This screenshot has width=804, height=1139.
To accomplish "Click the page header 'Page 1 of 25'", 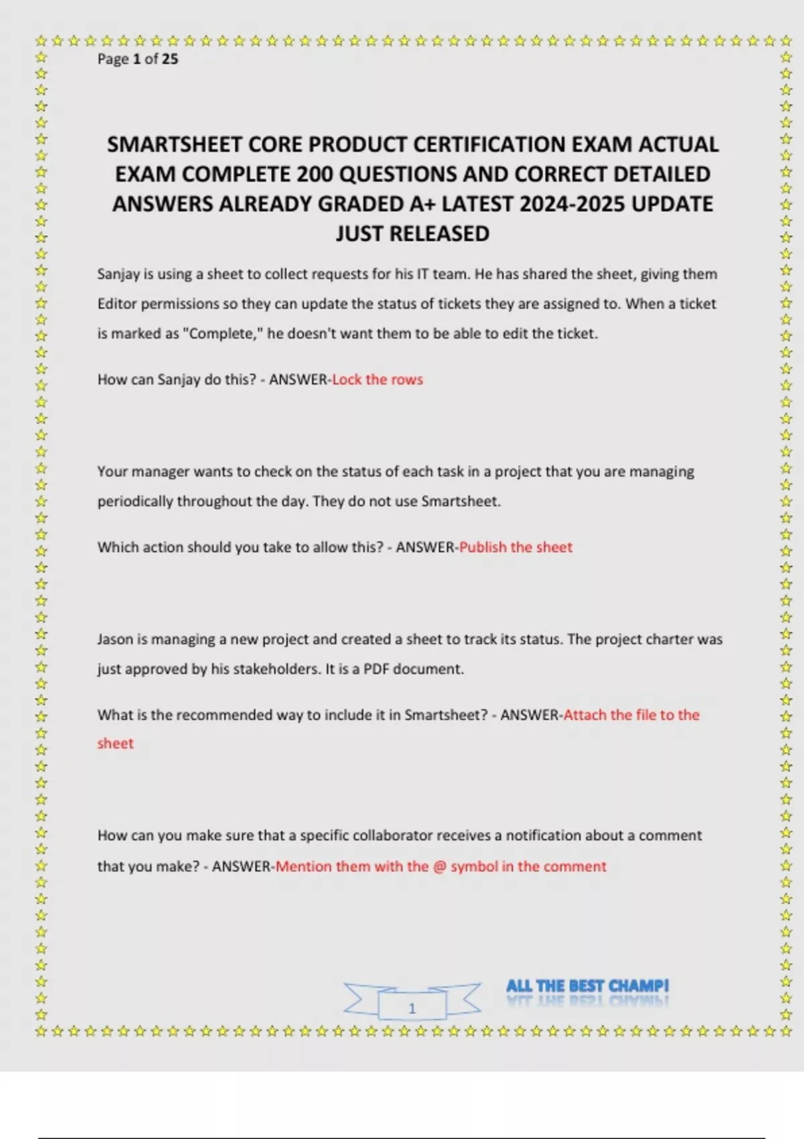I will click(137, 59).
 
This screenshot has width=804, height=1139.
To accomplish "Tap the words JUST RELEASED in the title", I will click(412, 234).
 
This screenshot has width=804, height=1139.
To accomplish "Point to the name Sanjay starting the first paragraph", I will click(115, 274).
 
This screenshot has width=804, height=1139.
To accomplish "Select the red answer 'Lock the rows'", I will click(377, 380).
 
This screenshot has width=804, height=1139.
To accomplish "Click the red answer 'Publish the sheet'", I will click(515, 547).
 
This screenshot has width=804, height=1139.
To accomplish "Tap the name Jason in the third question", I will click(115, 639).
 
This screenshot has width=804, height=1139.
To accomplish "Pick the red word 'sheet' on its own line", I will click(115, 744).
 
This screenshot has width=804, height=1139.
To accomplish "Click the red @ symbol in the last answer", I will click(439, 866).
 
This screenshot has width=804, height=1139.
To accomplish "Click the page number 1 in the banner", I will click(412, 1008).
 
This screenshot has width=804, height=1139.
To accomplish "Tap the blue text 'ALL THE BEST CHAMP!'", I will click(587, 986).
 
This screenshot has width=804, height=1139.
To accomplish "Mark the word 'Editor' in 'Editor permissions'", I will click(117, 304).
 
